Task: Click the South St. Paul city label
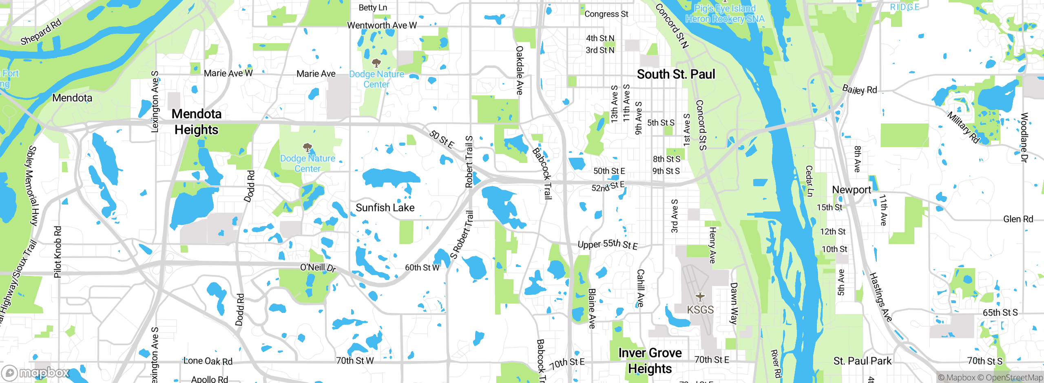[676, 74]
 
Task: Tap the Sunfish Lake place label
[385, 208]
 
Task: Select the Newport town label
[851, 190]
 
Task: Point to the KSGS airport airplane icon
[700, 297]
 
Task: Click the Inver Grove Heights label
[650, 361]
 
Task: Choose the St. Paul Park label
[862, 361]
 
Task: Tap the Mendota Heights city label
[197, 121]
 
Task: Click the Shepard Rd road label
[41, 32]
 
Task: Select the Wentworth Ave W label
[382, 25]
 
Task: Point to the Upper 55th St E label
[608, 244]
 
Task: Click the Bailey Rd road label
[859, 90]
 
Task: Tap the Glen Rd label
[1018, 219]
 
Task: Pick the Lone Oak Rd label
[208, 361]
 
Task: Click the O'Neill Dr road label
[318, 268]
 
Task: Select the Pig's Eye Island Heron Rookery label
[725, 13]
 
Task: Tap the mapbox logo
[36, 372]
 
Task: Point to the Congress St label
[606, 14]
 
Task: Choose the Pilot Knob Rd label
[58, 252]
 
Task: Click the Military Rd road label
[962, 128]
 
